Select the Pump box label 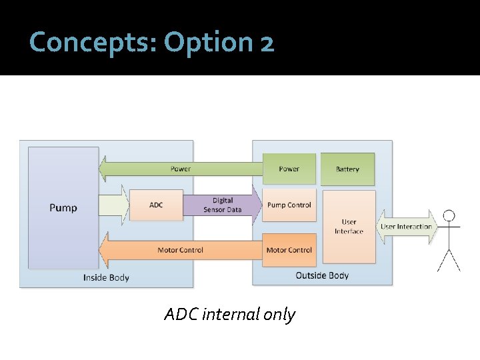pyautogui.click(x=63, y=208)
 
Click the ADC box pyautogui.click(x=156, y=205)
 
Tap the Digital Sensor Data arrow pyautogui.click(x=223, y=205)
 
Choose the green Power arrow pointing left pyautogui.click(x=180, y=169)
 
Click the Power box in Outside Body pyautogui.click(x=289, y=169)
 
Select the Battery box pyautogui.click(x=347, y=169)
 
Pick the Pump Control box pyautogui.click(x=289, y=205)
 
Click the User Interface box pyautogui.click(x=349, y=227)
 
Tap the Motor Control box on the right pyautogui.click(x=289, y=250)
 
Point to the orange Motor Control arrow pyautogui.click(x=180, y=250)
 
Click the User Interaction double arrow pyautogui.click(x=406, y=227)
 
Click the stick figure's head pyautogui.click(x=449, y=215)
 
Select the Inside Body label pyautogui.click(x=106, y=277)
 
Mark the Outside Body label pyautogui.click(x=322, y=275)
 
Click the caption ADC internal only pyautogui.click(x=229, y=314)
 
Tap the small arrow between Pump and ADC pyautogui.click(x=113, y=205)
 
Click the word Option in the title pyautogui.click(x=206, y=43)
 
